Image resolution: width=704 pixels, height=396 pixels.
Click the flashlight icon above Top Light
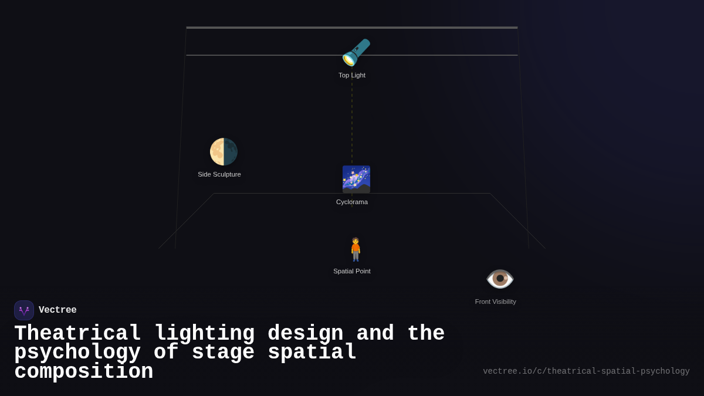pos(356,53)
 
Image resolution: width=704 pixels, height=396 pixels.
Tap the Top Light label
pos(352,75)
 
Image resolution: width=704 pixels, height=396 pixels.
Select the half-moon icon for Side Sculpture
pos(224,152)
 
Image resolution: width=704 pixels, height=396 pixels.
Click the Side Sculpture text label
pos(219,174)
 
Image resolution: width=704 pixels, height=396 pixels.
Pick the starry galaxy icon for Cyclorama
pos(356,179)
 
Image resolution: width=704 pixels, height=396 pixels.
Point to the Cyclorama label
pos(352,202)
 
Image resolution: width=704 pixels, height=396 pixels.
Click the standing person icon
pos(356,249)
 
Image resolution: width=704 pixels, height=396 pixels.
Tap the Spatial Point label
pos(352,271)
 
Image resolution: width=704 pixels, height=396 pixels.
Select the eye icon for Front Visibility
pos(500,279)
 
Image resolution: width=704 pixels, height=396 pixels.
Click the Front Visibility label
pos(496,302)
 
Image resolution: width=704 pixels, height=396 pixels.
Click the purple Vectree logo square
pos(24,310)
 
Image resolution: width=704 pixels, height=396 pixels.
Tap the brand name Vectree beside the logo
pos(57,310)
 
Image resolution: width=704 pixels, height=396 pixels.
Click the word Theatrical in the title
pos(77,334)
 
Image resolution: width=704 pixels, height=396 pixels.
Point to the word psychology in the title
pos(77,353)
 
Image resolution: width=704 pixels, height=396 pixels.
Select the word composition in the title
pos(84,372)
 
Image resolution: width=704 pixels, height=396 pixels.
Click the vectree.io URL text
pos(586,371)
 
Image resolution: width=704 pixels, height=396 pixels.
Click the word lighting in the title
pos(204,334)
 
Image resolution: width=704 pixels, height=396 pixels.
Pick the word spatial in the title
pos(312,353)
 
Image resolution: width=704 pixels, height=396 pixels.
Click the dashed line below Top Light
pos(352,123)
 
